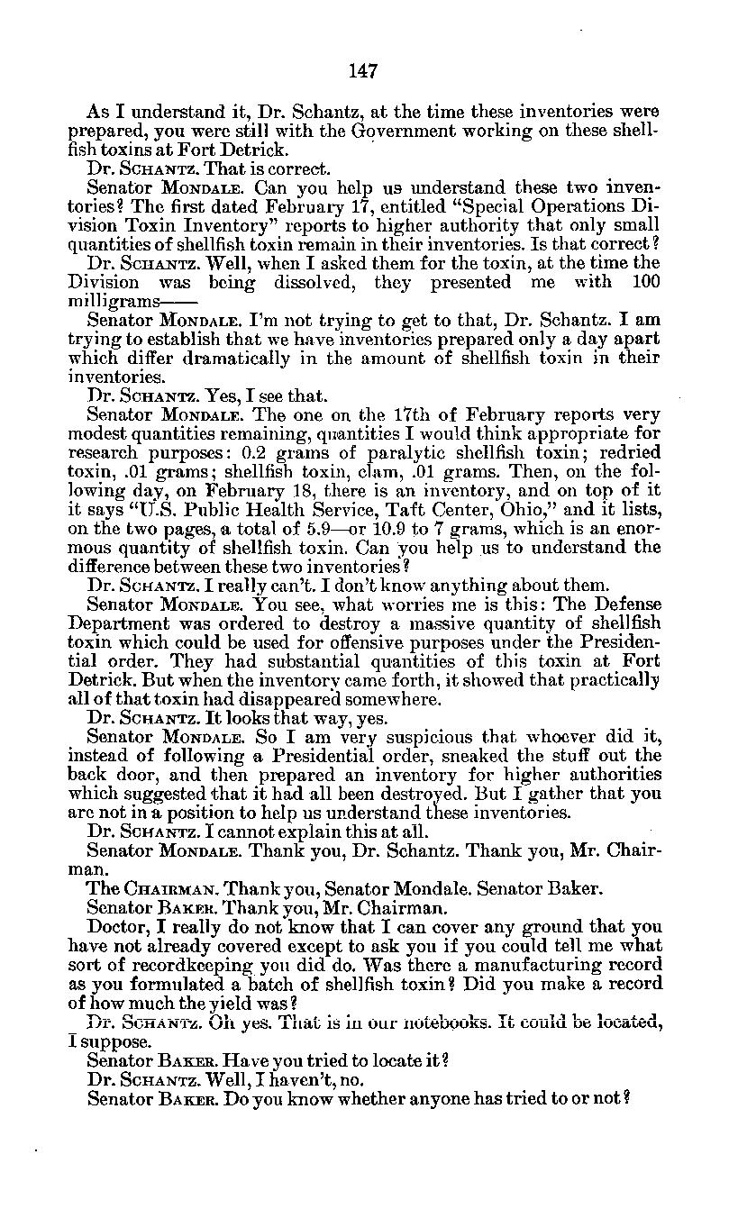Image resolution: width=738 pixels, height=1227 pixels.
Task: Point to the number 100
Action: [x=644, y=282]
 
